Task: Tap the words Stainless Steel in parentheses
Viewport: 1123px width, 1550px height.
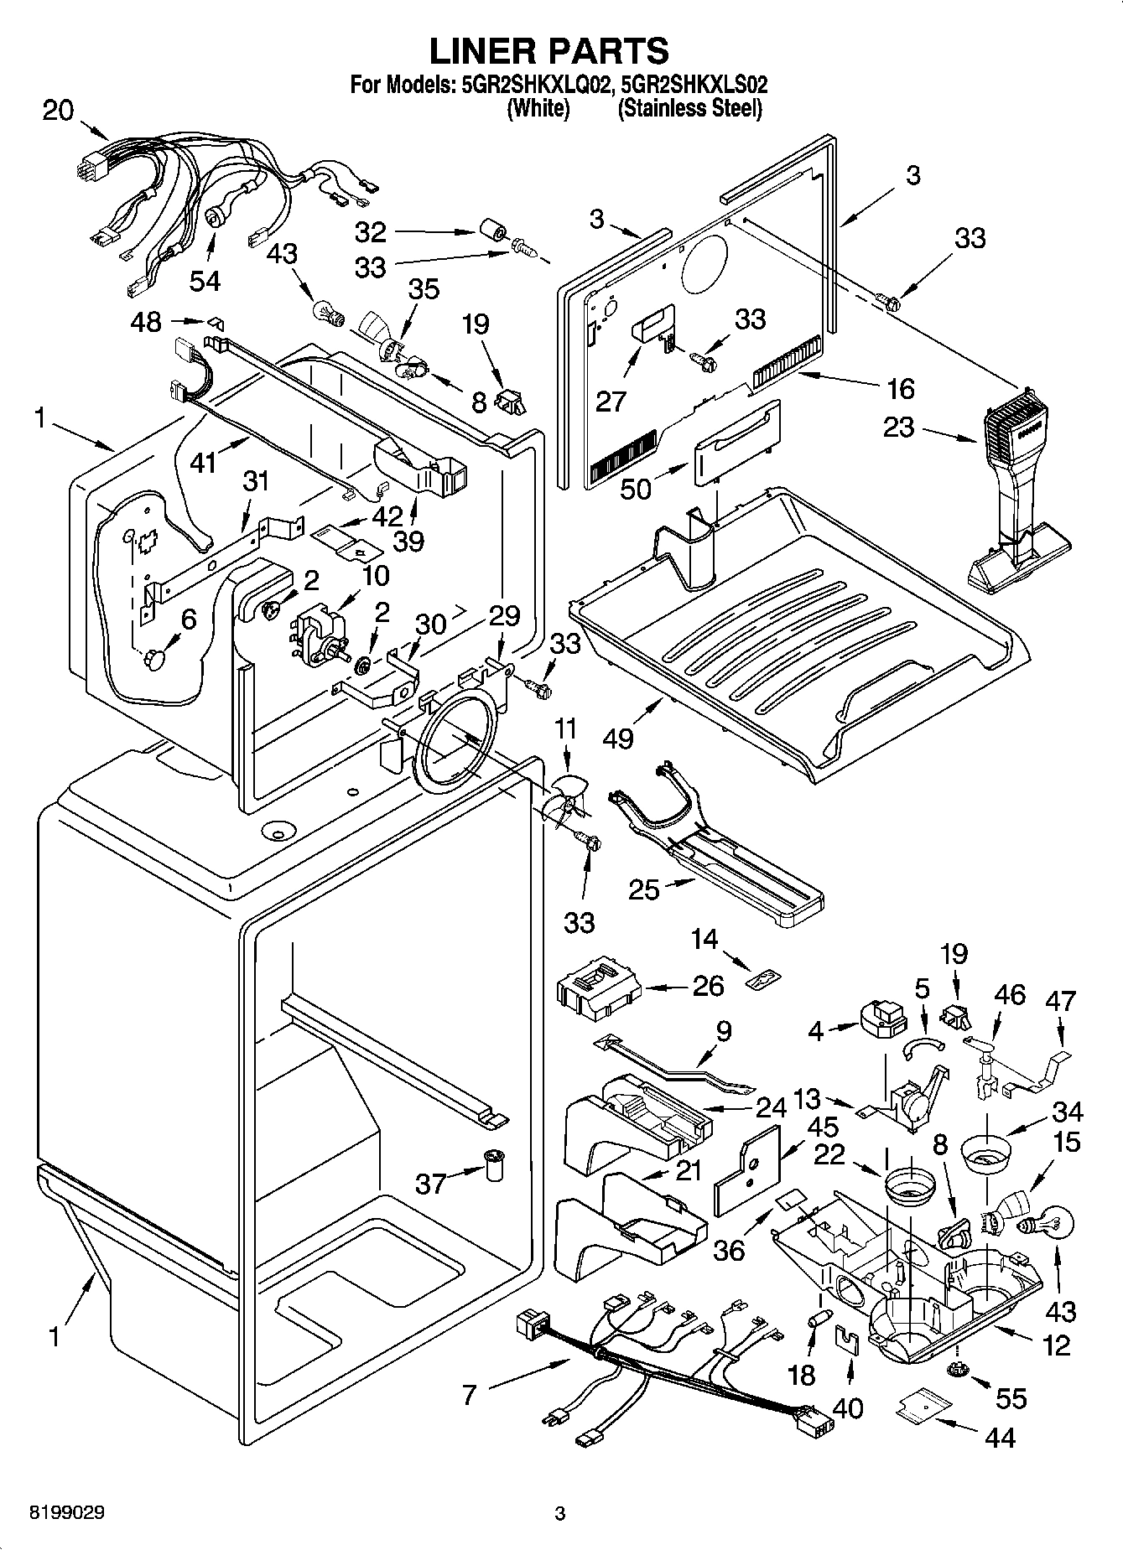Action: tap(689, 109)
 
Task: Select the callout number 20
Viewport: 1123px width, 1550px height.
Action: tap(58, 111)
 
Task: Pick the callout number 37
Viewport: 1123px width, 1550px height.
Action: tap(431, 1183)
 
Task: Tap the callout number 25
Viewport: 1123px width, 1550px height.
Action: tap(644, 889)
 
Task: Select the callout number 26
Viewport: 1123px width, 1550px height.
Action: tap(708, 986)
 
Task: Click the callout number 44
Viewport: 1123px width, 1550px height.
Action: tap(1000, 1438)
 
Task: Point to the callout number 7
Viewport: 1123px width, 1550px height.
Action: tap(469, 1394)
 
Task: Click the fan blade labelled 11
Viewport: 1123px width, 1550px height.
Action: tap(559, 802)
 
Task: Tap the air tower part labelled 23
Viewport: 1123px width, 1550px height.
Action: tap(1016, 495)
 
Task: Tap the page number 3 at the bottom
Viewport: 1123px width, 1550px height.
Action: tap(559, 1514)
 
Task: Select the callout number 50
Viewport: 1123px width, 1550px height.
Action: tap(636, 488)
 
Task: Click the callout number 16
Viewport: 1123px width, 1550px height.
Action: tap(900, 388)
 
